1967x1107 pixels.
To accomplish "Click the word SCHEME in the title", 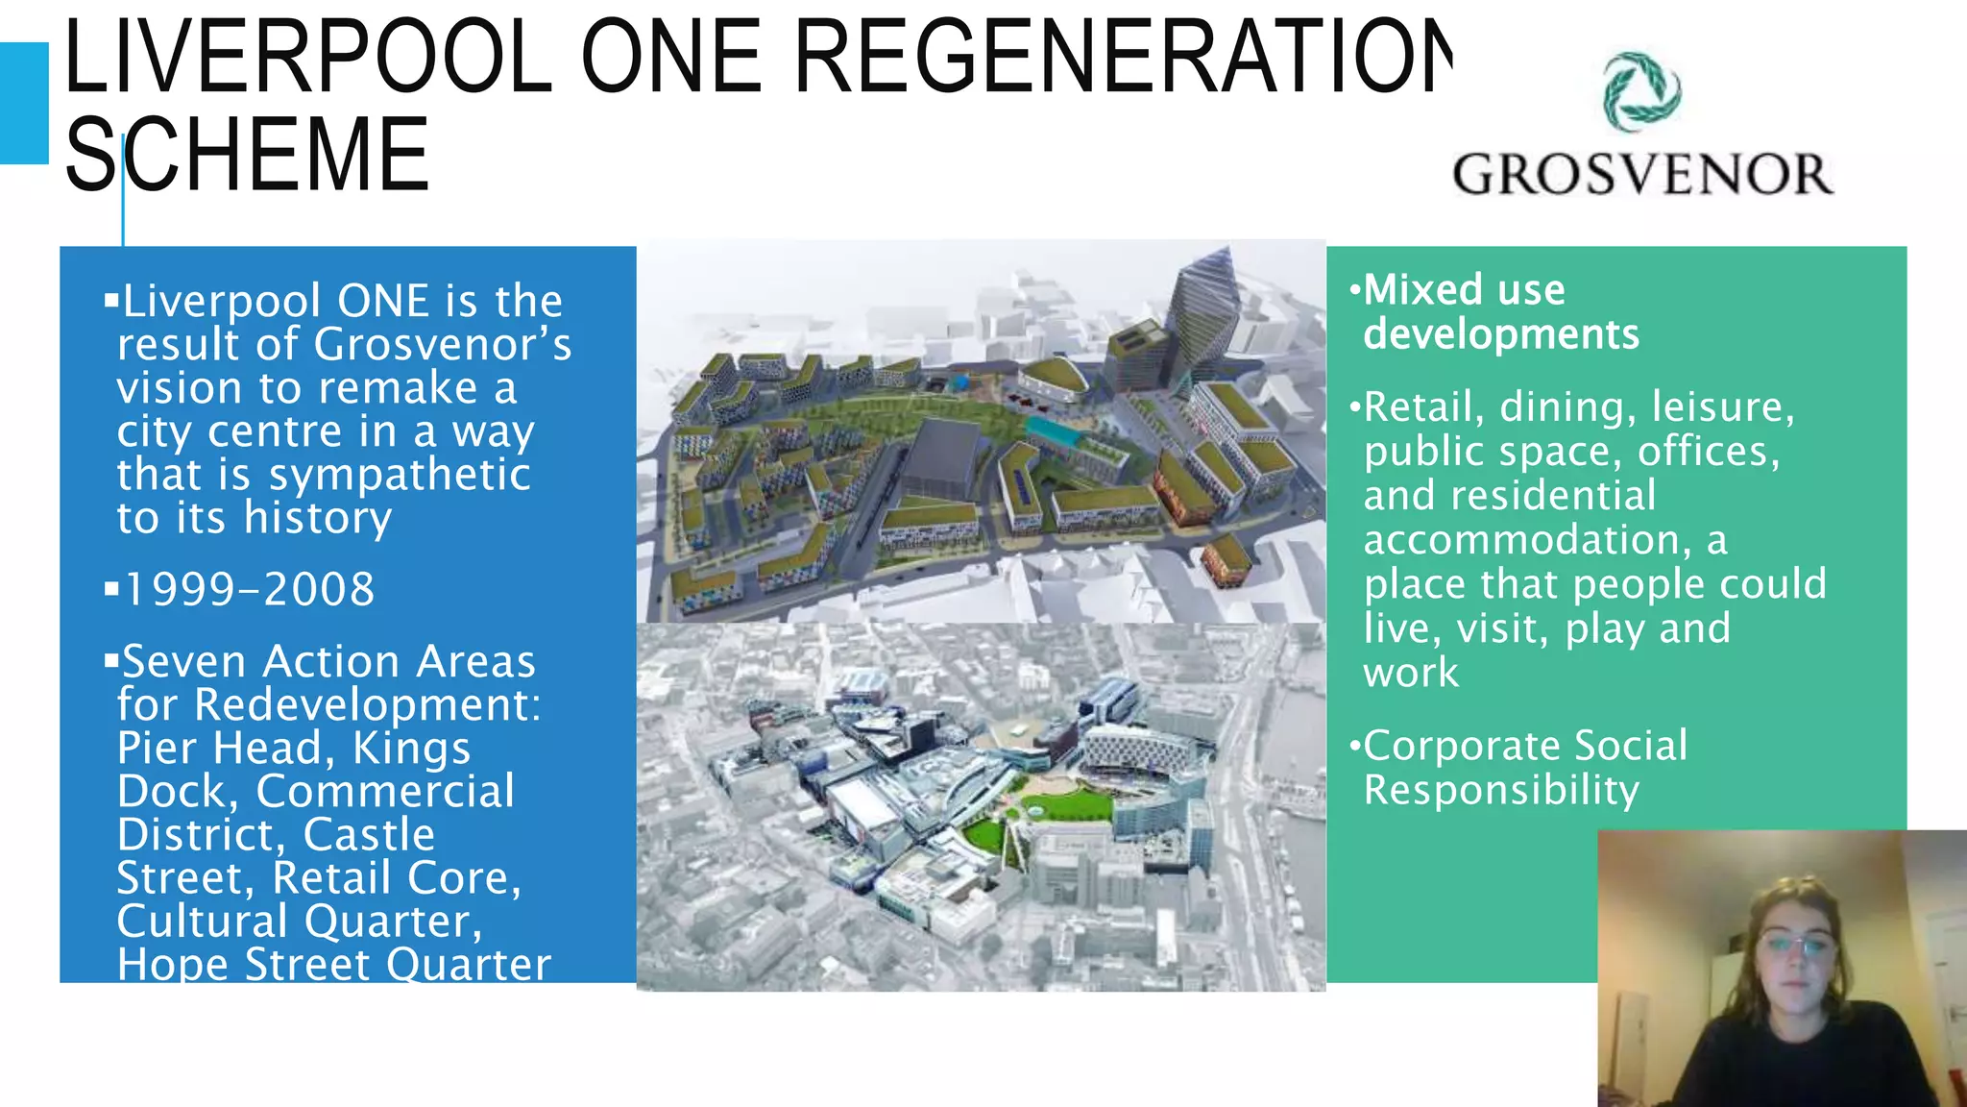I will click(x=247, y=155).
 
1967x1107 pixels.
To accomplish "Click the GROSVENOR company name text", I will click(x=1642, y=175).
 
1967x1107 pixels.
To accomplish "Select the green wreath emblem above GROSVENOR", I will click(x=1641, y=91).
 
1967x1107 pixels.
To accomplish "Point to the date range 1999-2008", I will click(x=249, y=589).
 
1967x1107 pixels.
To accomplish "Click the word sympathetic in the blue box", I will click(x=399, y=475).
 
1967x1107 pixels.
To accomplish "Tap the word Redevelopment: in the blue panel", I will click(x=368, y=704).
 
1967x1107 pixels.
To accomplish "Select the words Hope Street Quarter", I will click(x=334, y=964).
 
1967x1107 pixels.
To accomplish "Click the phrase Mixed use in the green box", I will click(x=1464, y=289).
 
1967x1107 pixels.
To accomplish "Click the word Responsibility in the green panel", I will click(x=1501, y=790).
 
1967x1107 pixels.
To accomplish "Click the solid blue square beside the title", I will click(x=23, y=103).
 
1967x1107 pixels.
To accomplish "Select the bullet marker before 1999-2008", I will click(x=111, y=588).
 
